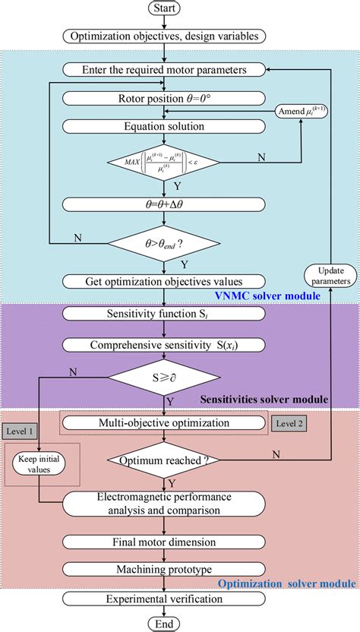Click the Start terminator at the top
(165, 10)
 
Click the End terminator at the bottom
(165, 622)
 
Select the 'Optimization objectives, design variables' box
(165, 36)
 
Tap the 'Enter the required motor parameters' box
(165, 70)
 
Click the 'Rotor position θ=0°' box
(165, 98)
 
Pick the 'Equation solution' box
(165, 126)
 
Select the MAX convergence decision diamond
(165, 163)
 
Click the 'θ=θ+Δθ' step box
(165, 204)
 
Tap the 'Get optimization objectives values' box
(165, 282)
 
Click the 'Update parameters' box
(330, 276)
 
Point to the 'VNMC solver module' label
(257, 295)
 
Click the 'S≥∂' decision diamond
(165, 375)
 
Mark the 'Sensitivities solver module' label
(263, 399)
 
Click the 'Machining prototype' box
(165, 569)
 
